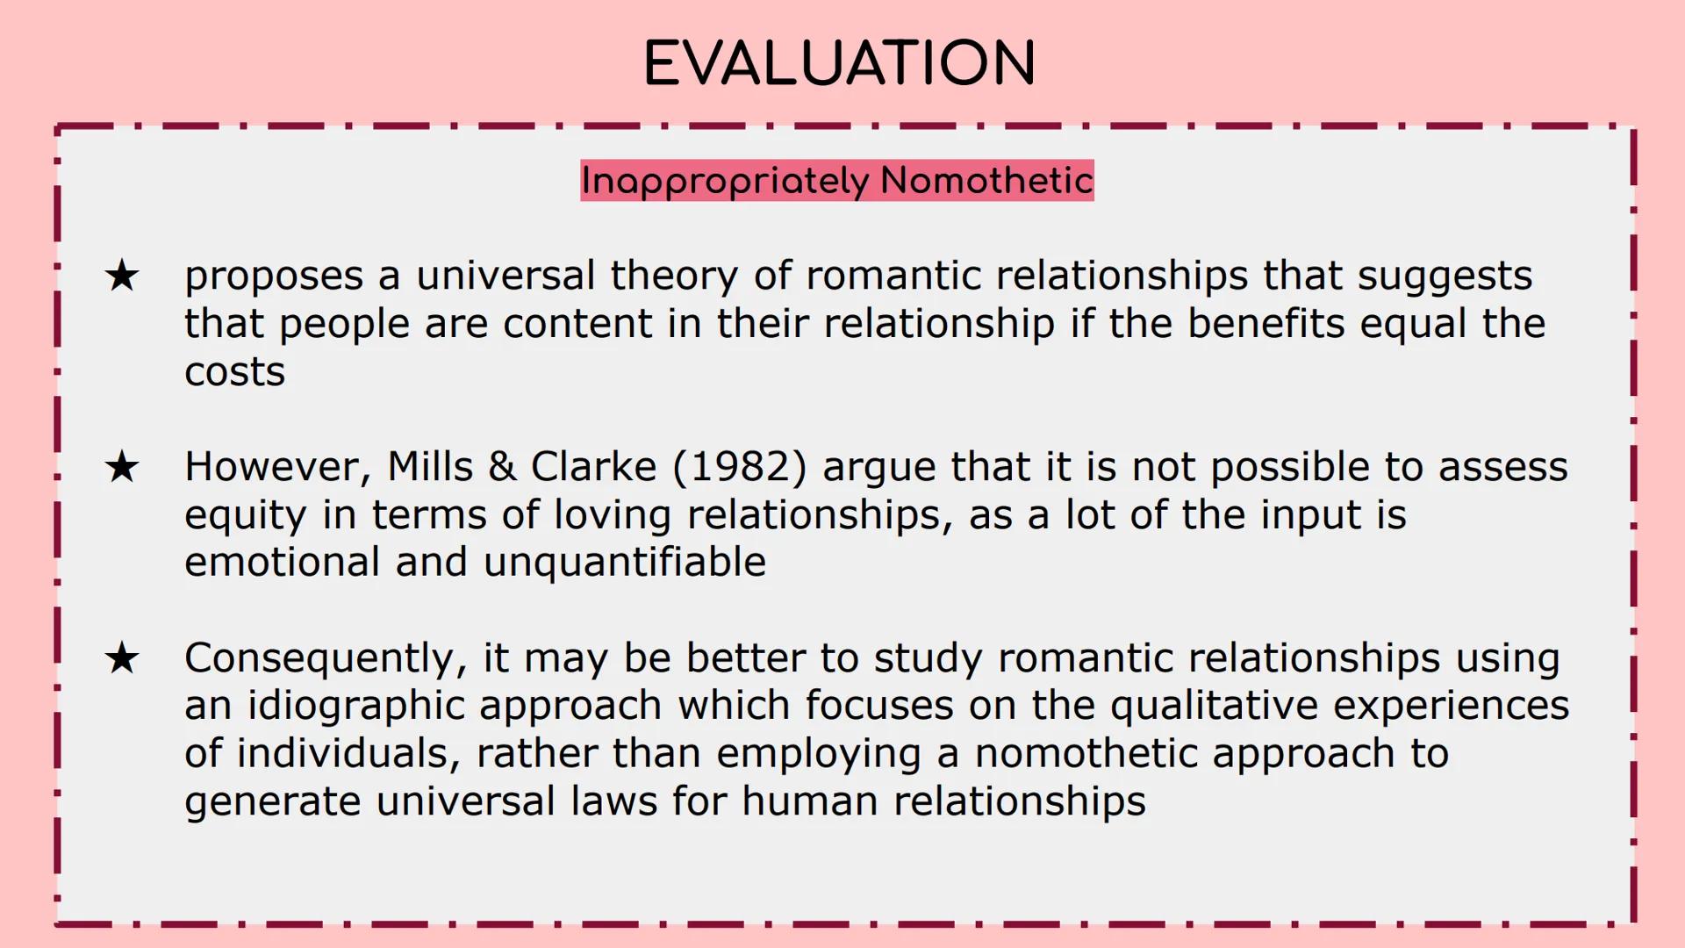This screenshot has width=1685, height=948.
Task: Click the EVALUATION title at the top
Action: pos(840,63)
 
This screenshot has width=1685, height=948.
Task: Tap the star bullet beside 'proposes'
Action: pos(122,276)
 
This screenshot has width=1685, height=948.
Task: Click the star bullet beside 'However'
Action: pos(122,466)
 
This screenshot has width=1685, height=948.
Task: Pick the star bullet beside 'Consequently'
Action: pos(122,658)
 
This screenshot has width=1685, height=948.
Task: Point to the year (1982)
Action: pos(740,466)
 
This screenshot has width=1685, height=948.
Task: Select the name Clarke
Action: pos(593,466)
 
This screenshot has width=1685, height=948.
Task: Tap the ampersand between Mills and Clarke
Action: pos(502,466)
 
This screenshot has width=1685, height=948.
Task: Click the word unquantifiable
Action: pos(625,562)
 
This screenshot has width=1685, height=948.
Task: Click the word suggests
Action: pos(1445,276)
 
